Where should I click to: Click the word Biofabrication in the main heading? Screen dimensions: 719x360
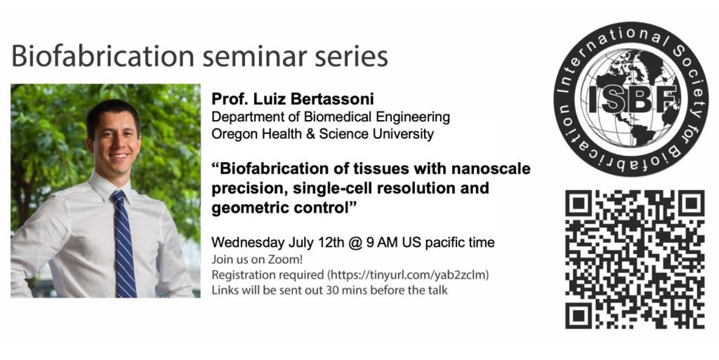pos(103,57)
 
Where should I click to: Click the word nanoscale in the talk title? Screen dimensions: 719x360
pos(491,168)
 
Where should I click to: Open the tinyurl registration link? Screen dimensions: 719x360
pos(408,275)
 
